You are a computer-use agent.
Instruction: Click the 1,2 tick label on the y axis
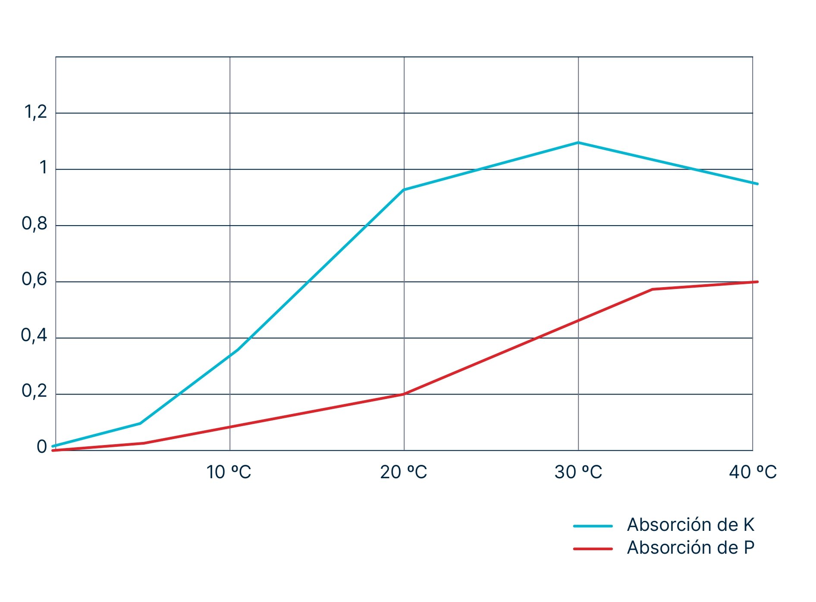(36, 112)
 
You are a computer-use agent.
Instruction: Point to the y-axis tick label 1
(43, 168)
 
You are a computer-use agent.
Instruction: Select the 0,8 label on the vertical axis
(35, 224)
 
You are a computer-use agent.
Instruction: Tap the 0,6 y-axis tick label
(35, 279)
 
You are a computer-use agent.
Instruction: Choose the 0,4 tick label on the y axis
(34, 335)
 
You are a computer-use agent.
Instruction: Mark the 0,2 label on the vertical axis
(35, 391)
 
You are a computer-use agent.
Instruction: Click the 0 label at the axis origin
(42, 447)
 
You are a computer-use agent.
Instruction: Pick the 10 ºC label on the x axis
(229, 472)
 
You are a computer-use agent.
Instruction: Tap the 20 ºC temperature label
(403, 472)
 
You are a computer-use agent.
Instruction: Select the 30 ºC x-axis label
(578, 472)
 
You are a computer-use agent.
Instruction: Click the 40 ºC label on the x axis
(753, 472)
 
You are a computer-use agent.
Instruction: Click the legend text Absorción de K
(690, 525)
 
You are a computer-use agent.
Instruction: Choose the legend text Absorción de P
(690, 548)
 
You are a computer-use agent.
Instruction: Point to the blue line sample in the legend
(593, 526)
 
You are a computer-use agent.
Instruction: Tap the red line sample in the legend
(593, 549)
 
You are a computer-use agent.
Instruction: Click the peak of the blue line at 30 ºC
(578, 142)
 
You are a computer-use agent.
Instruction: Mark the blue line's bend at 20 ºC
(404, 190)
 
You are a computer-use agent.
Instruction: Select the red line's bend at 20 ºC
(404, 394)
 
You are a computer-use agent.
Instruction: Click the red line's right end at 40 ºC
(756, 282)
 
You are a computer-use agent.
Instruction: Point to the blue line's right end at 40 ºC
(756, 184)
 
